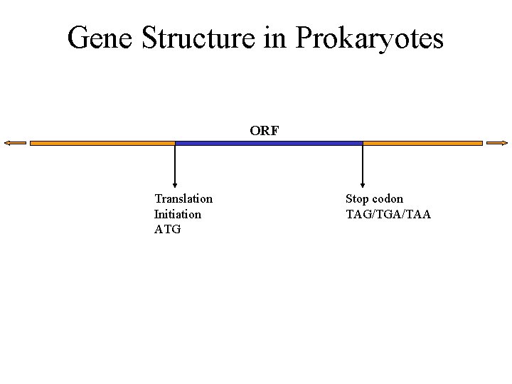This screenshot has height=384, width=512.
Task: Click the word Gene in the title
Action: click(100, 38)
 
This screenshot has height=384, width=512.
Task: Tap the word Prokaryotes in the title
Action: click(369, 38)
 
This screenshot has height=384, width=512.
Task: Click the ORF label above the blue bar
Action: click(265, 131)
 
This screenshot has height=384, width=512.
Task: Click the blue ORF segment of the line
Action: click(269, 143)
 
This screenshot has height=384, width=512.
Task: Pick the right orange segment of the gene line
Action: click(422, 143)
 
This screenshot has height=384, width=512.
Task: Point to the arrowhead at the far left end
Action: click(14, 143)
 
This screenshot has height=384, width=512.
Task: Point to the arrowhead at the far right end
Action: click(495, 143)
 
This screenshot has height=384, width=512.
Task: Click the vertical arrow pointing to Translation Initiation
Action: click(175, 166)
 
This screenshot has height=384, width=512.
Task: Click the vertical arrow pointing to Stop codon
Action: click(363, 166)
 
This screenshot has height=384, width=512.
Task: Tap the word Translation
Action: click(183, 198)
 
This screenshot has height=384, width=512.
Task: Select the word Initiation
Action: click(177, 214)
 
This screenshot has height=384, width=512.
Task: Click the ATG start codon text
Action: click(167, 229)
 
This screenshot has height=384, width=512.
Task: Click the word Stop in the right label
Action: click(357, 198)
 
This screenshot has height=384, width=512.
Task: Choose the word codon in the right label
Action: click(388, 198)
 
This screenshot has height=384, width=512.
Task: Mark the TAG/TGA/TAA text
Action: click(388, 214)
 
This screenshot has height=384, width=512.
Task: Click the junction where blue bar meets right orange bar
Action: click(363, 143)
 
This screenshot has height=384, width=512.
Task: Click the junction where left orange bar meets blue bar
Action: click(175, 143)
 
